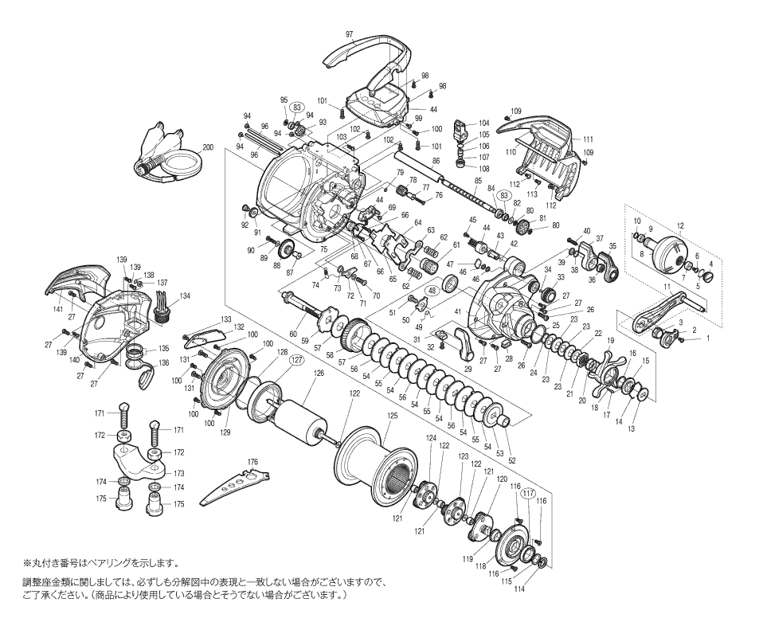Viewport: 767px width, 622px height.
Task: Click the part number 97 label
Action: coord(349,34)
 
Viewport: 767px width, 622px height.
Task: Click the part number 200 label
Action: coord(208,148)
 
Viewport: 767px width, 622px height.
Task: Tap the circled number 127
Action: coord(296,360)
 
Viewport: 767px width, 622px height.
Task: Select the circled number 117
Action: coord(527,493)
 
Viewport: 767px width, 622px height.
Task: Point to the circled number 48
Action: coord(432,291)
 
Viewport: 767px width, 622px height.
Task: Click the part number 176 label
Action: coord(252,461)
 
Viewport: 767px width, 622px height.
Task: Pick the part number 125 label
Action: coord(392,416)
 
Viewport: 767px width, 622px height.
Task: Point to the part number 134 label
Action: coord(185,295)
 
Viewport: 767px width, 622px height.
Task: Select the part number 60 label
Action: coord(292,334)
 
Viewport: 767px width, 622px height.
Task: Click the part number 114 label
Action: coord(519,589)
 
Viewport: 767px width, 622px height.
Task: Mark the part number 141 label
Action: coord(58,309)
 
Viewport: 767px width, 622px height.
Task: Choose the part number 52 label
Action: coord(512,460)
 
